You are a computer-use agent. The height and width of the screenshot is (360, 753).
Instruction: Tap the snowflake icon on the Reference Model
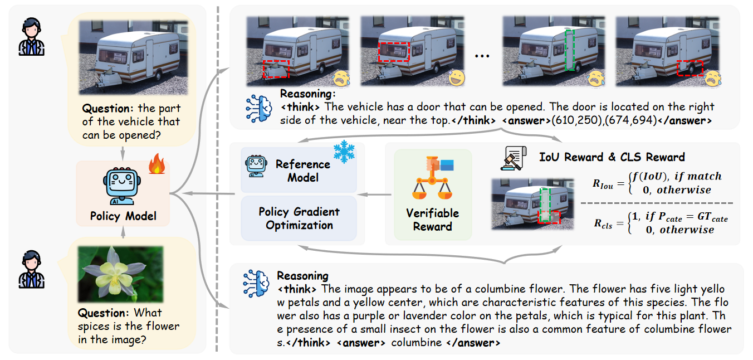click(344, 153)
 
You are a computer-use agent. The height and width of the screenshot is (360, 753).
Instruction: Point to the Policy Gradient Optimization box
click(299, 218)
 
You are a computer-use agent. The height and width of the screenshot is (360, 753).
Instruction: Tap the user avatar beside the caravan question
click(31, 37)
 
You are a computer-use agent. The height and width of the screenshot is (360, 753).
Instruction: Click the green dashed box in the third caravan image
click(569, 51)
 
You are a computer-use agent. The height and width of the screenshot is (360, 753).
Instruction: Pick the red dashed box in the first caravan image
click(276, 70)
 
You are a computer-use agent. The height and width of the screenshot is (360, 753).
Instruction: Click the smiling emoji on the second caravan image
click(457, 78)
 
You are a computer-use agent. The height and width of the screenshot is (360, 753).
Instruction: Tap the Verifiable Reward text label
click(432, 220)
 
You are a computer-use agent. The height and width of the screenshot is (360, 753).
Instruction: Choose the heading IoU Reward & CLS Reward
click(612, 157)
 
